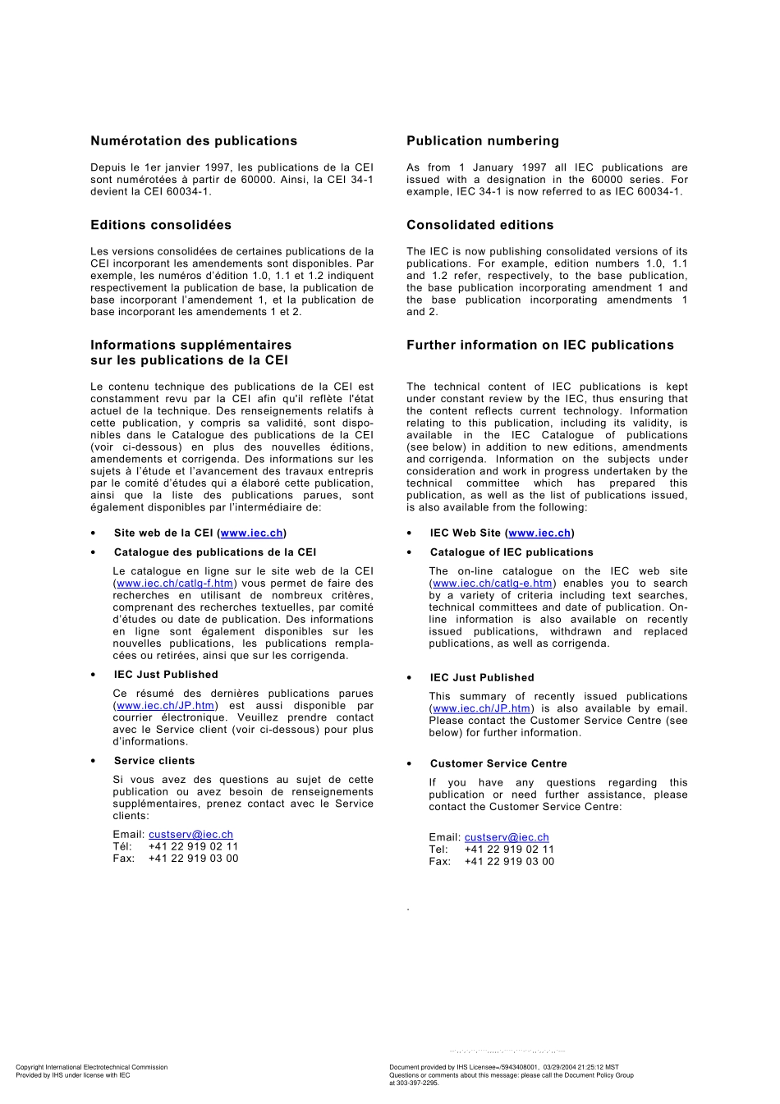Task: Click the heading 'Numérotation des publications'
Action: click(194, 141)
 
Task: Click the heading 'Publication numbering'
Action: click(483, 141)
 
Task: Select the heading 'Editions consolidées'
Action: click(161, 225)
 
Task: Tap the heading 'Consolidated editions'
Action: click(480, 225)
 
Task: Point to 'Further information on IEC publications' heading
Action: click(540, 345)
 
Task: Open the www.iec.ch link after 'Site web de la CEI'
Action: click(252, 534)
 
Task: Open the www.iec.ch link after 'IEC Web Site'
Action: click(539, 534)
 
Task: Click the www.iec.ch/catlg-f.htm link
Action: click(175, 584)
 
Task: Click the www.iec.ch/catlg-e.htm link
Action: click(493, 584)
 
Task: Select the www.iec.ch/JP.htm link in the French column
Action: click(166, 706)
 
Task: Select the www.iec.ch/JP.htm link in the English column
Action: click(482, 708)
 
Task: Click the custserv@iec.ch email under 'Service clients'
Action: click(190, 835)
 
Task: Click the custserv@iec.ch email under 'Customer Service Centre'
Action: click(507, 838)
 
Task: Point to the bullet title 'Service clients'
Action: click(154, 761)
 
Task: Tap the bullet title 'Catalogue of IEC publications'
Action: click(512, 552)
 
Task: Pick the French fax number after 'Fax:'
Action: click(193, 859)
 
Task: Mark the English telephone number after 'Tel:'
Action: click(509, 850)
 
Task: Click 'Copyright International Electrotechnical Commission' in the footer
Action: click(91, 1067)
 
